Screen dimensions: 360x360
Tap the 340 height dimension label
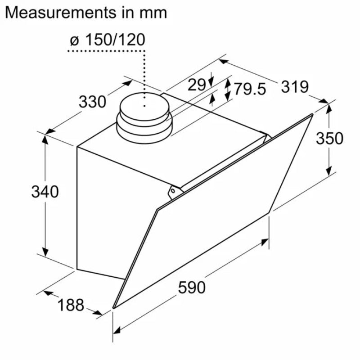[x=45, y=192]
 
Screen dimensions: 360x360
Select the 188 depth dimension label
[x=71, y=305]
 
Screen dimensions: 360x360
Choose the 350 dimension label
[x=329, y=138]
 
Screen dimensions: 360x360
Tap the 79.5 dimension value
[x=249, y=89]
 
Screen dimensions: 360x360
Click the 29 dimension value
[x=196, y=84]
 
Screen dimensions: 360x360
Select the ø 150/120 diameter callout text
[x=108, y=40]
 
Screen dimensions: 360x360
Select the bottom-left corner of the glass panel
[x=113, y=308]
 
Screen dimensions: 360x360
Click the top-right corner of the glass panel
[x=312, y=115]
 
